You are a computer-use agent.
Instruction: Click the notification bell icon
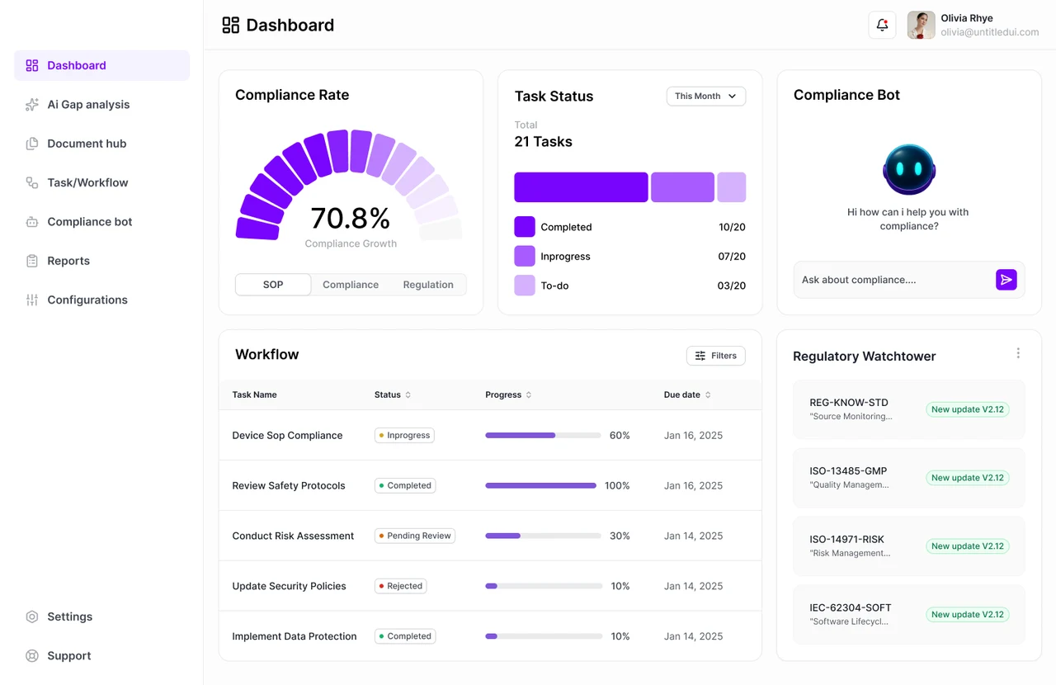(882, 25)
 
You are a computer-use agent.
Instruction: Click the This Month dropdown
(705, 97)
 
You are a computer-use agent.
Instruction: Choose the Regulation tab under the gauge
(428, 285)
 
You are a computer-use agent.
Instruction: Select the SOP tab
(273, 285)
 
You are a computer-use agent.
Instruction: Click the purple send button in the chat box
(1006, 280)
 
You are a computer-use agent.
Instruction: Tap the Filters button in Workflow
(715, 356)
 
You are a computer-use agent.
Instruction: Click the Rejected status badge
(401, 586)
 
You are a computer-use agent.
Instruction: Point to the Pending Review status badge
(415, 536)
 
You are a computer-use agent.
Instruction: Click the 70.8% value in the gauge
(351, 219)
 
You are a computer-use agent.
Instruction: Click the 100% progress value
(617, 485)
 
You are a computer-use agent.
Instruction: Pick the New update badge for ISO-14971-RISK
(968, 546)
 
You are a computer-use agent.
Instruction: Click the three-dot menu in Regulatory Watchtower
(1018, 353)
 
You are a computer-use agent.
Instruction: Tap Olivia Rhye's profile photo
(922, 25)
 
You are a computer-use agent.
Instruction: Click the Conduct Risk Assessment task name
(293, 536)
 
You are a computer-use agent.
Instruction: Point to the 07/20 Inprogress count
(732, 256)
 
